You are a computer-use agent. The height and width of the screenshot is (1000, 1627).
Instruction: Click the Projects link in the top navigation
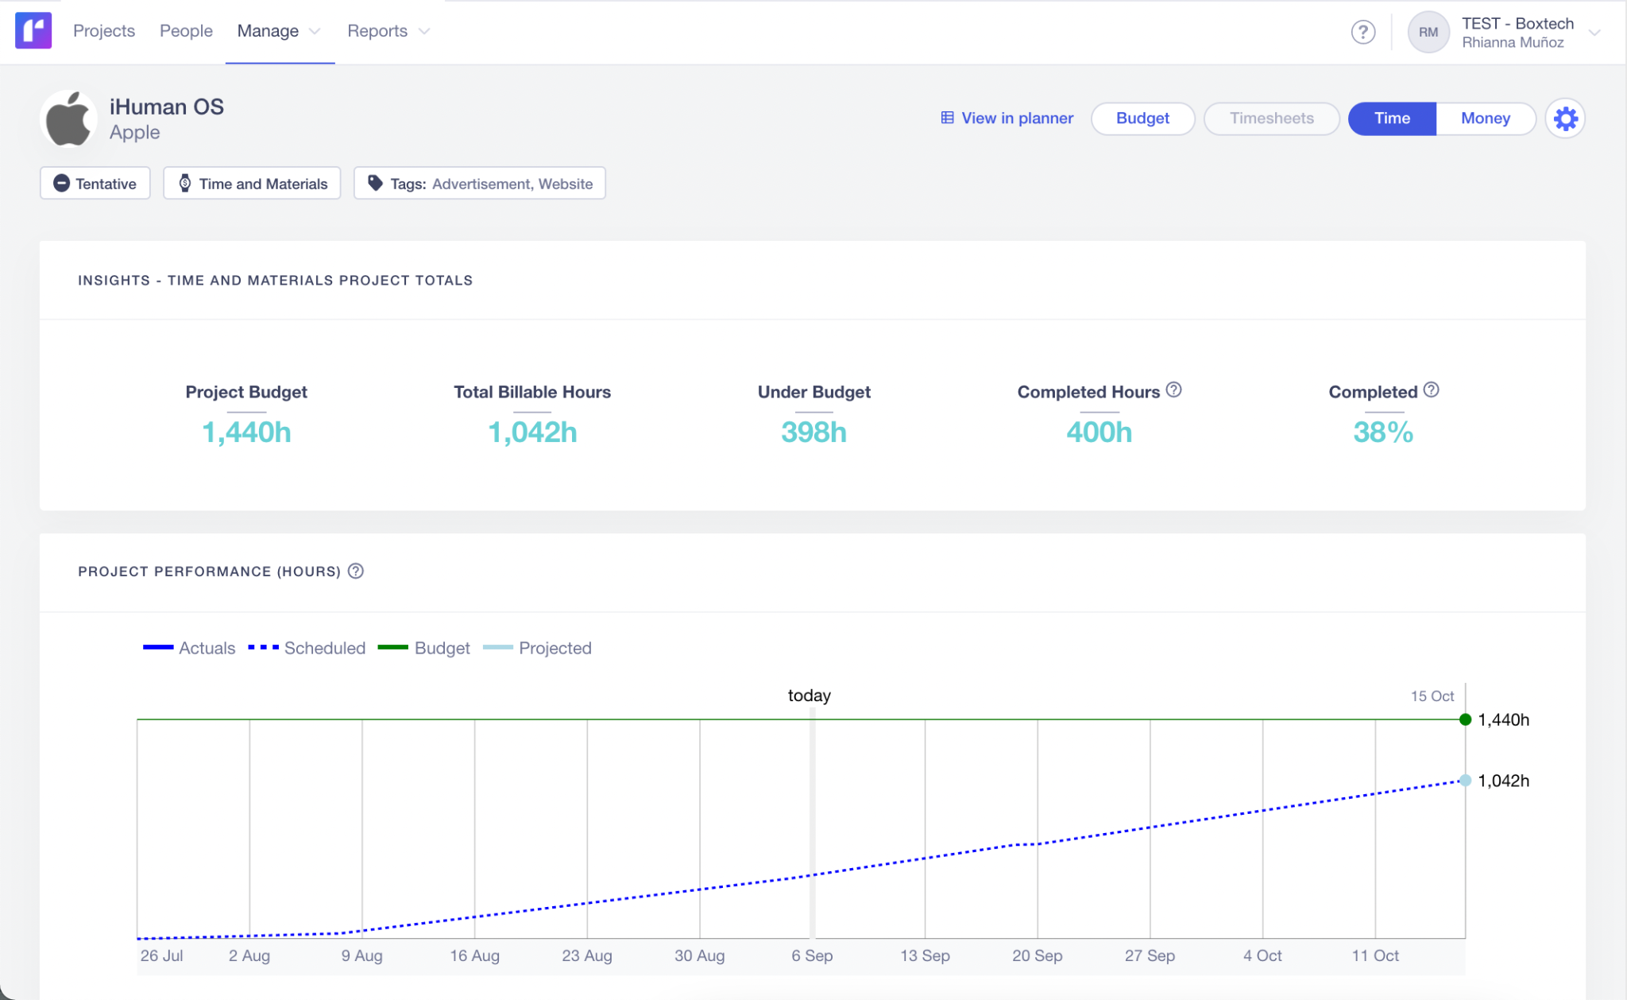104,31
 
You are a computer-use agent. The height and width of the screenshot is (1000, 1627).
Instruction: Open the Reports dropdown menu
388,31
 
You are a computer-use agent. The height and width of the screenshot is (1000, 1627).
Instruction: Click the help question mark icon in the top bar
1362,32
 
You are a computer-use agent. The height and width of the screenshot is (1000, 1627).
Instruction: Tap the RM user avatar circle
1428,33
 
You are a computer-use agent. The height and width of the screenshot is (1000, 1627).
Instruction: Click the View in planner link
1007,118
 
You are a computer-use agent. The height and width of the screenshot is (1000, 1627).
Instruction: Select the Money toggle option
1484,118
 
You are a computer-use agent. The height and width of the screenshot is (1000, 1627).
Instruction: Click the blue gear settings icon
1565,119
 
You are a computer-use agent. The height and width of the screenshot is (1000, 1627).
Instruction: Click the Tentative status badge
95,184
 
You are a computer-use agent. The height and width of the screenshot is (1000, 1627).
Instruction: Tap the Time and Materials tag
252,184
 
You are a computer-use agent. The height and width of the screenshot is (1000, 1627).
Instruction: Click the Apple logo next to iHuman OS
68,119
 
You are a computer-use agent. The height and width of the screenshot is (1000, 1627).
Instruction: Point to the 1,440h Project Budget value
246,432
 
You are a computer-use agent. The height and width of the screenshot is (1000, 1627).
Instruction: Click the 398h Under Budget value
813,432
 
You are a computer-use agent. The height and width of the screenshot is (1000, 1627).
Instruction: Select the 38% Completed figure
1382,432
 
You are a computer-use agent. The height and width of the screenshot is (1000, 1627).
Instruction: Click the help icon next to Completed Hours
1173,390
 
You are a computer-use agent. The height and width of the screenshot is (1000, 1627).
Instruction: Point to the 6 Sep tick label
811,955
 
